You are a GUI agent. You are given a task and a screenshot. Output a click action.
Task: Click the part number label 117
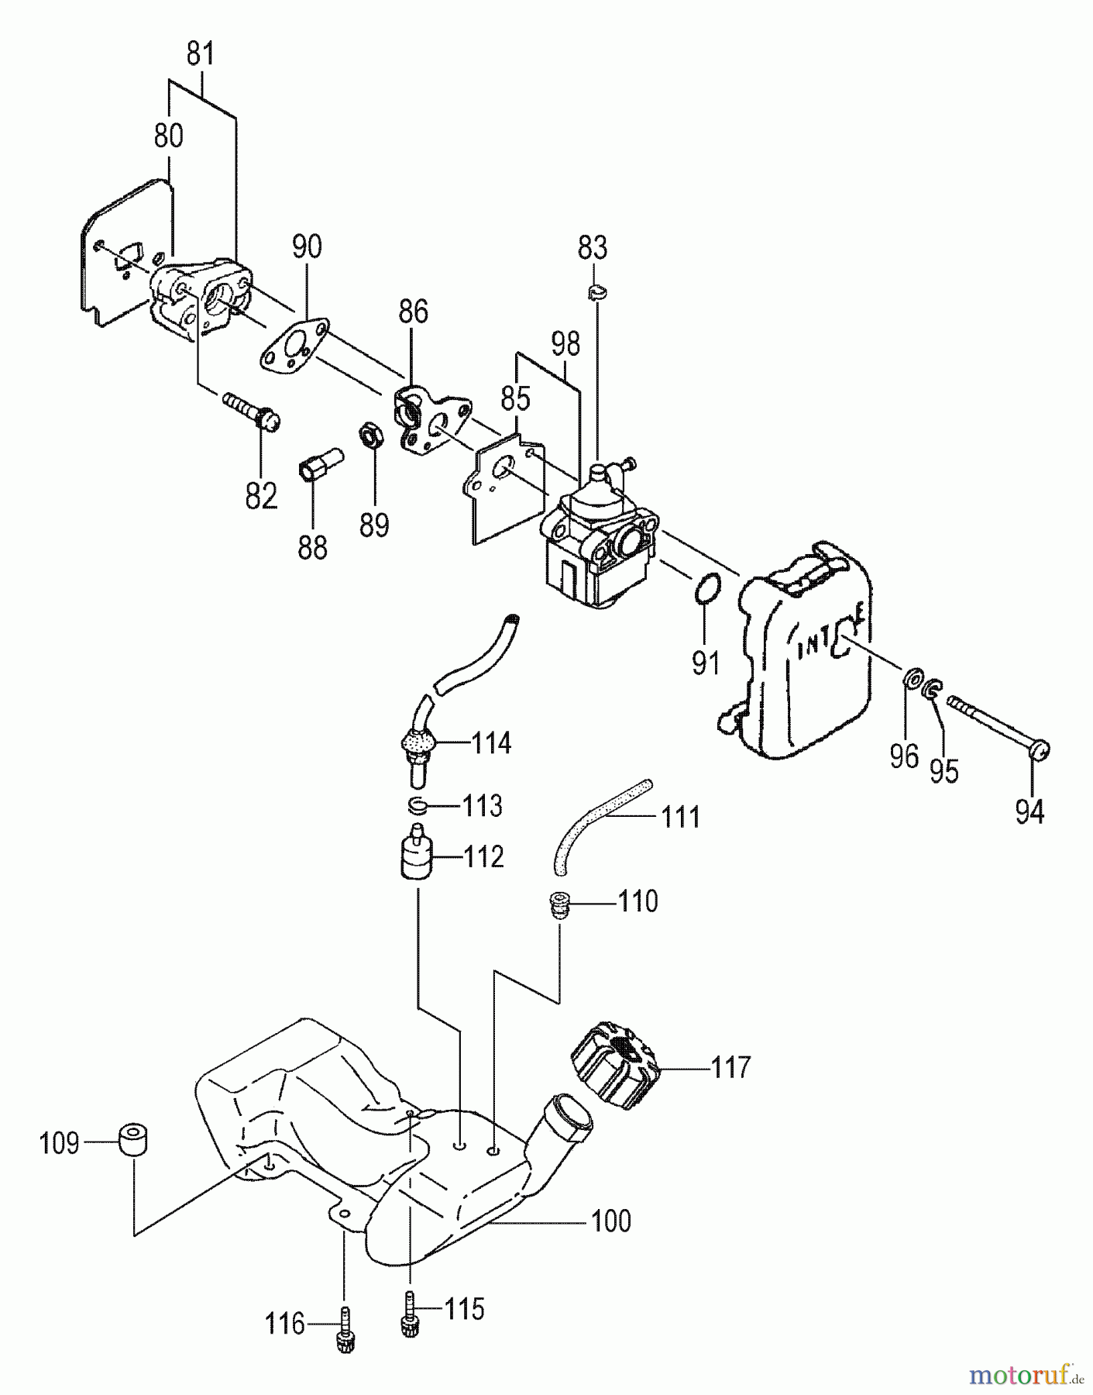[x=730, y=1068]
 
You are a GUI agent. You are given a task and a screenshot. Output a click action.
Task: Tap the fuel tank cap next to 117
[x=614, y=1067]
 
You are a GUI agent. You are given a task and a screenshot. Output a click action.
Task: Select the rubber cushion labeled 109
[x=132, y=1141]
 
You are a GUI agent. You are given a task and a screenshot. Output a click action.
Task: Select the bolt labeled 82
[x=252, y=412]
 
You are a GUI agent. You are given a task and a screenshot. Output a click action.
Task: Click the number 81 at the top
[x=201, y=56]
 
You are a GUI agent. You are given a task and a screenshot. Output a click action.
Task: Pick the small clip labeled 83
[x=597, y=291]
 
